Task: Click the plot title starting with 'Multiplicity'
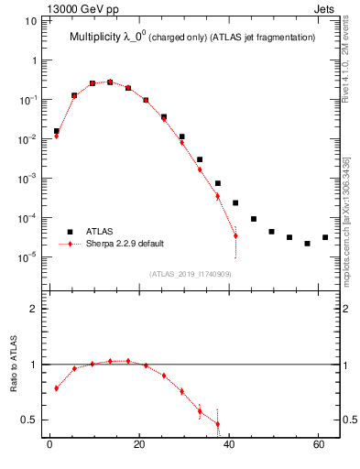(x=192, y=37)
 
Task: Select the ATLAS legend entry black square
(x=70, y=232)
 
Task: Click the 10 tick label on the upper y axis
(x=29, y=20)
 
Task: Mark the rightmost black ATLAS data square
(x=325, y=237)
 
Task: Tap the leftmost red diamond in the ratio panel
(x=57, y=388)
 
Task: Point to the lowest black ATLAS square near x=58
(x=307, y=244)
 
